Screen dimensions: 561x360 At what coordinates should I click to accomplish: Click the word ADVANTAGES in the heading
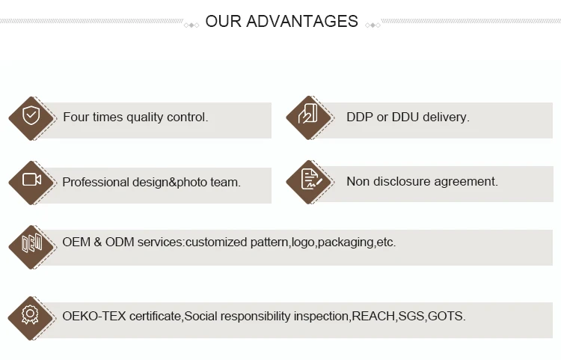302,22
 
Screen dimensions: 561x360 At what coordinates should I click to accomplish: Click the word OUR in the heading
224,22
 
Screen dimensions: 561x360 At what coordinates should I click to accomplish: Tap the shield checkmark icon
31,117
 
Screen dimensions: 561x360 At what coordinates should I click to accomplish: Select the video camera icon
31,180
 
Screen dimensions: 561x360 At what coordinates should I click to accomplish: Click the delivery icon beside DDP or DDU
308,116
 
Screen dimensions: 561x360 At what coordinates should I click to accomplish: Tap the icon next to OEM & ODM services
31,243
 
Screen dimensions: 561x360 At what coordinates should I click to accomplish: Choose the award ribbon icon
31,314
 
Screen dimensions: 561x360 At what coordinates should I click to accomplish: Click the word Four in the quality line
76,118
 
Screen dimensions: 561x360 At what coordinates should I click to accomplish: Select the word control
187,118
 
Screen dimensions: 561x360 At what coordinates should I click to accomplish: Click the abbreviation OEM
76,242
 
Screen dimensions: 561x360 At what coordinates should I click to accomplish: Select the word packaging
346,242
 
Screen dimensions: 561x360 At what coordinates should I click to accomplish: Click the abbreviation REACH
373,316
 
